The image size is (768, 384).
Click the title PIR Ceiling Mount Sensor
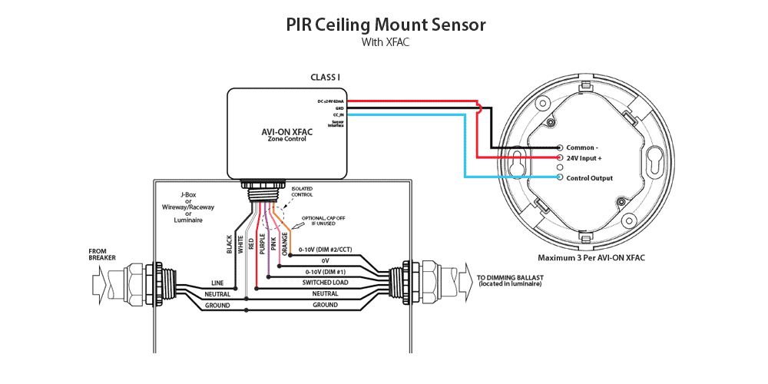pyautogui.click(x=386, y=25)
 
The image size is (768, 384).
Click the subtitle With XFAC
pyautogui.click(x=386, y=43)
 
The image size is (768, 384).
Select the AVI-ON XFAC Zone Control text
pyautogui.click(x=286, y=134)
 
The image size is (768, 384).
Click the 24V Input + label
pyautogui.click(x=590, y=157)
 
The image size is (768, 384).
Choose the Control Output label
pyautogui.click(x=590, y=178)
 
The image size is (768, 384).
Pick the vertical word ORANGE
pyautogui.click(x=284, y=244)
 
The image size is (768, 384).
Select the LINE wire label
pyautogui.click(x=218, y=283)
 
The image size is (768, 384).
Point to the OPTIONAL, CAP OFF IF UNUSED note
pyautogui.click(x=324, y=220)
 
